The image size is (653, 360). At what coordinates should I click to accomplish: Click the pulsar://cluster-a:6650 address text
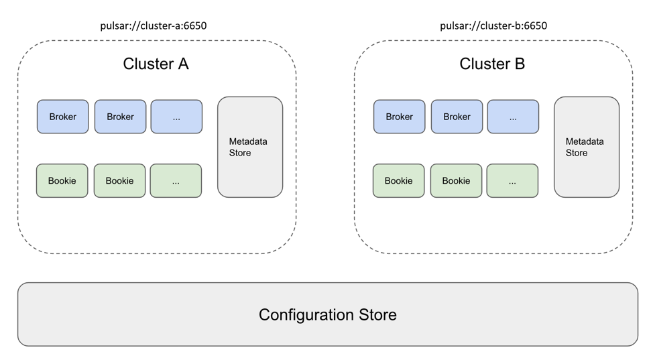coord(154,26)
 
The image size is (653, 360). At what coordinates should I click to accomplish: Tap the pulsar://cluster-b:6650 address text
coord(493,26)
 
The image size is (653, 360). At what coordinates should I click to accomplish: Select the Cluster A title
coord(156,64)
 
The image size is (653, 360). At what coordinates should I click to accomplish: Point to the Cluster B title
coord(492,64)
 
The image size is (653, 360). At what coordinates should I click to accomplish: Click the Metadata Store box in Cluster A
coord(250,147)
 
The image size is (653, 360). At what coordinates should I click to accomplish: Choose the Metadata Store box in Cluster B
coord(587,147)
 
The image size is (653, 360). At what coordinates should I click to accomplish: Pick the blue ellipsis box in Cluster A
coord(176,117)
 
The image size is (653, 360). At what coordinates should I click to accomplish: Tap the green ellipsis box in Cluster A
coord(176,181)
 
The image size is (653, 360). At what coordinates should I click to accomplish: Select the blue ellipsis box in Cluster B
coord(513,117)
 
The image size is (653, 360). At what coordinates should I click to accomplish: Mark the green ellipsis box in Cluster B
coord(512,181)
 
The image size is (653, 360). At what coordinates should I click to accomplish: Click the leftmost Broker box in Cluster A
coord(63,117)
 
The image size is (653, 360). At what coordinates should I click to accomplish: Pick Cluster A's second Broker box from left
coord(120,117)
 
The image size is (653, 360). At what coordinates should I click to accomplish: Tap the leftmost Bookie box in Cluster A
coord(62,181)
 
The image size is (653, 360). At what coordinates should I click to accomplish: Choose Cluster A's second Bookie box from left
coord(119,181)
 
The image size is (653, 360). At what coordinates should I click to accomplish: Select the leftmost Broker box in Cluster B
coord(400,117)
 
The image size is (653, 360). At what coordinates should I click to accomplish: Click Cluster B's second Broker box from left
coord(457,117)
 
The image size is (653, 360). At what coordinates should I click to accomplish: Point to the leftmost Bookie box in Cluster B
coord(399,181)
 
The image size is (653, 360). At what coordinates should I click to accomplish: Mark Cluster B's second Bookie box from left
coord(456,181)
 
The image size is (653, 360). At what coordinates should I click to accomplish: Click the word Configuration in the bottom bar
coord(306,315)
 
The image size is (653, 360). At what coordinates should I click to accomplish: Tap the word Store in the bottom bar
coord(377,315)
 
